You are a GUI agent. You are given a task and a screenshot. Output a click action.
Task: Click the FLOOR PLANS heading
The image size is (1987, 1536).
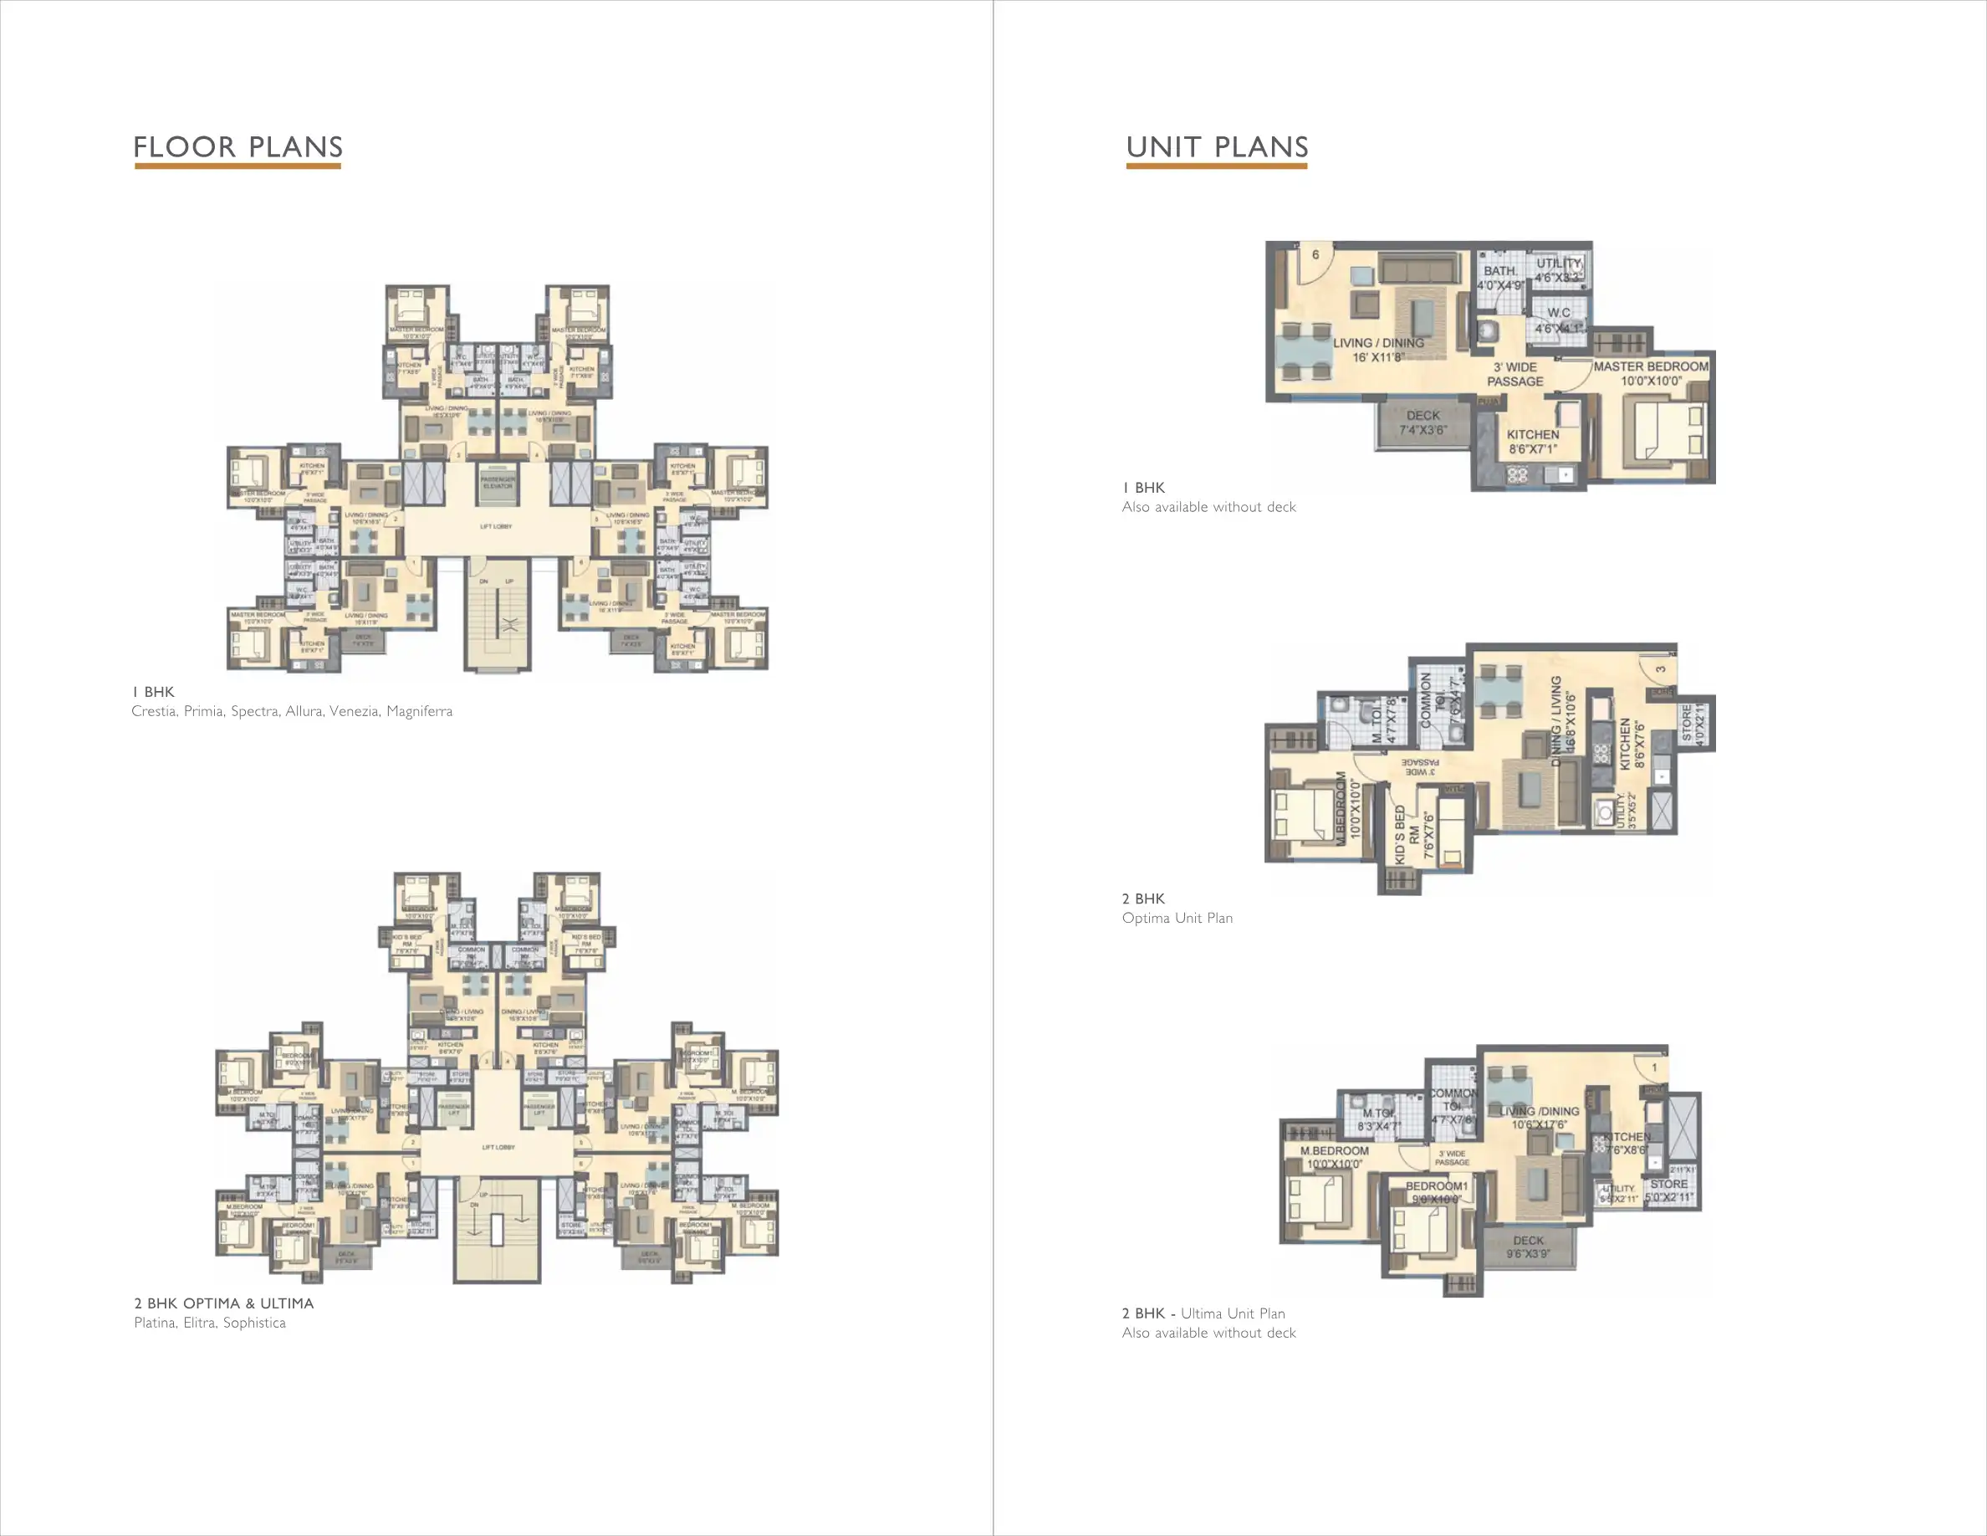238,146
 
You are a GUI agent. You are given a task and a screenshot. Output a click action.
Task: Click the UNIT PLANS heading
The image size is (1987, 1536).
1217,146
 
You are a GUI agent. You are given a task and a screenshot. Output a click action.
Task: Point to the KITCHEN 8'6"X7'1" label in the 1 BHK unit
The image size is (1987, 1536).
1533,442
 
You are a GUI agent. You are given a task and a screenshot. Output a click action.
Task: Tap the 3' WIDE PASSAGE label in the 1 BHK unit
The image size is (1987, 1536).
1515,374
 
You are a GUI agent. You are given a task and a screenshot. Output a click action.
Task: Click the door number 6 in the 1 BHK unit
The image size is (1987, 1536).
1315,255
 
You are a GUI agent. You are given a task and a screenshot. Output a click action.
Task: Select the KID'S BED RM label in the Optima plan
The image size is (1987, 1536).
1407,834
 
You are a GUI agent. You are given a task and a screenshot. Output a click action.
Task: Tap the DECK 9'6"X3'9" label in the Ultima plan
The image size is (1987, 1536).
1529,1247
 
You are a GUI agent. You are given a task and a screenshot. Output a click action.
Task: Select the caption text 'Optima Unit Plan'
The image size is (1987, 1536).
1177,918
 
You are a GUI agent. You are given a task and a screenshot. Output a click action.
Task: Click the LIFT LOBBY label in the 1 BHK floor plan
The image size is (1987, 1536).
496,527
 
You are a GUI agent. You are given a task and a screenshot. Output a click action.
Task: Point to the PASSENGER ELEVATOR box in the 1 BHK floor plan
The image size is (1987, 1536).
497,481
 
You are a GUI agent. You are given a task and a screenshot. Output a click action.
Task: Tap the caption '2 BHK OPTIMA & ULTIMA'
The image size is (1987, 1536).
224,1303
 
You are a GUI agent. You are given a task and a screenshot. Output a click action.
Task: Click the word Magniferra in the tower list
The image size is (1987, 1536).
420,710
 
